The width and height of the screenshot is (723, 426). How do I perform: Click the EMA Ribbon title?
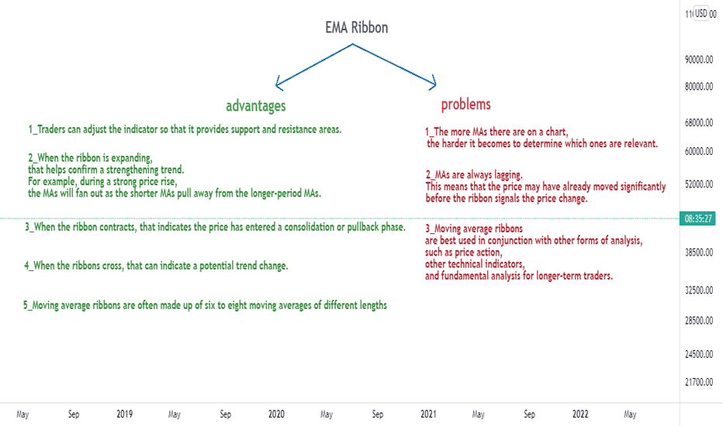(x=356, y=28)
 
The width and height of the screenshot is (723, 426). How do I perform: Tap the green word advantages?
(x=256, y=106)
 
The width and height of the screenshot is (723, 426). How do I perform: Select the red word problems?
(x=465, y=105)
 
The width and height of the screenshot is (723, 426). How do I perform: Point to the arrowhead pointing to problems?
(x=434, y=83)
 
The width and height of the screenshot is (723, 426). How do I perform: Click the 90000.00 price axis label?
(x=699, y=60)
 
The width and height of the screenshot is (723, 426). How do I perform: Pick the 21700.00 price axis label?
(x=699, y=382)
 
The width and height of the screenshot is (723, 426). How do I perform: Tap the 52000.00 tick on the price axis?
(x=699, y=184)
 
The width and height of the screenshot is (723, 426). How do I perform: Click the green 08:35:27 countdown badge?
(x=697, y=218)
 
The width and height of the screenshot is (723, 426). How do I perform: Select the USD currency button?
(x=701, y=13)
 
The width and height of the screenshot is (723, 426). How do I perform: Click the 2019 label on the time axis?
(x=124, y=414)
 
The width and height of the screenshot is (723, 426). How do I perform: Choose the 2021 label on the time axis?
(x=428, y=414)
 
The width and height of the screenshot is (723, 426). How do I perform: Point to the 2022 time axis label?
(x=580, y=414)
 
